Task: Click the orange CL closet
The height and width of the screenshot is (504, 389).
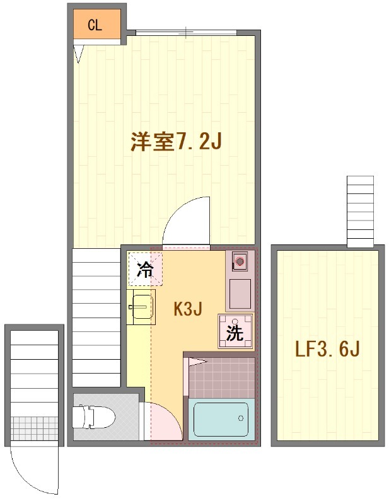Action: (95, 25)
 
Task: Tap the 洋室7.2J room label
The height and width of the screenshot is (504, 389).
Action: (175, 142)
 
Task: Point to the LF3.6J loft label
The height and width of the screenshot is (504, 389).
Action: (328, 349)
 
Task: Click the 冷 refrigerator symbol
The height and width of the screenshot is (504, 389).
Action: (145, 271)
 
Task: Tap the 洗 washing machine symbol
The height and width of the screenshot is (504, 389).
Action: (235, 332)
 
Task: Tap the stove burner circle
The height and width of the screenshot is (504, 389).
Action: (239, 260)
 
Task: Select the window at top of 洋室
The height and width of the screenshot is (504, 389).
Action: (187, 31)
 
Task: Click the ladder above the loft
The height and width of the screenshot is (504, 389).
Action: (361, 211)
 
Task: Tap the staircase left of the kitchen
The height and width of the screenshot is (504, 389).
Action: (96, 315)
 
